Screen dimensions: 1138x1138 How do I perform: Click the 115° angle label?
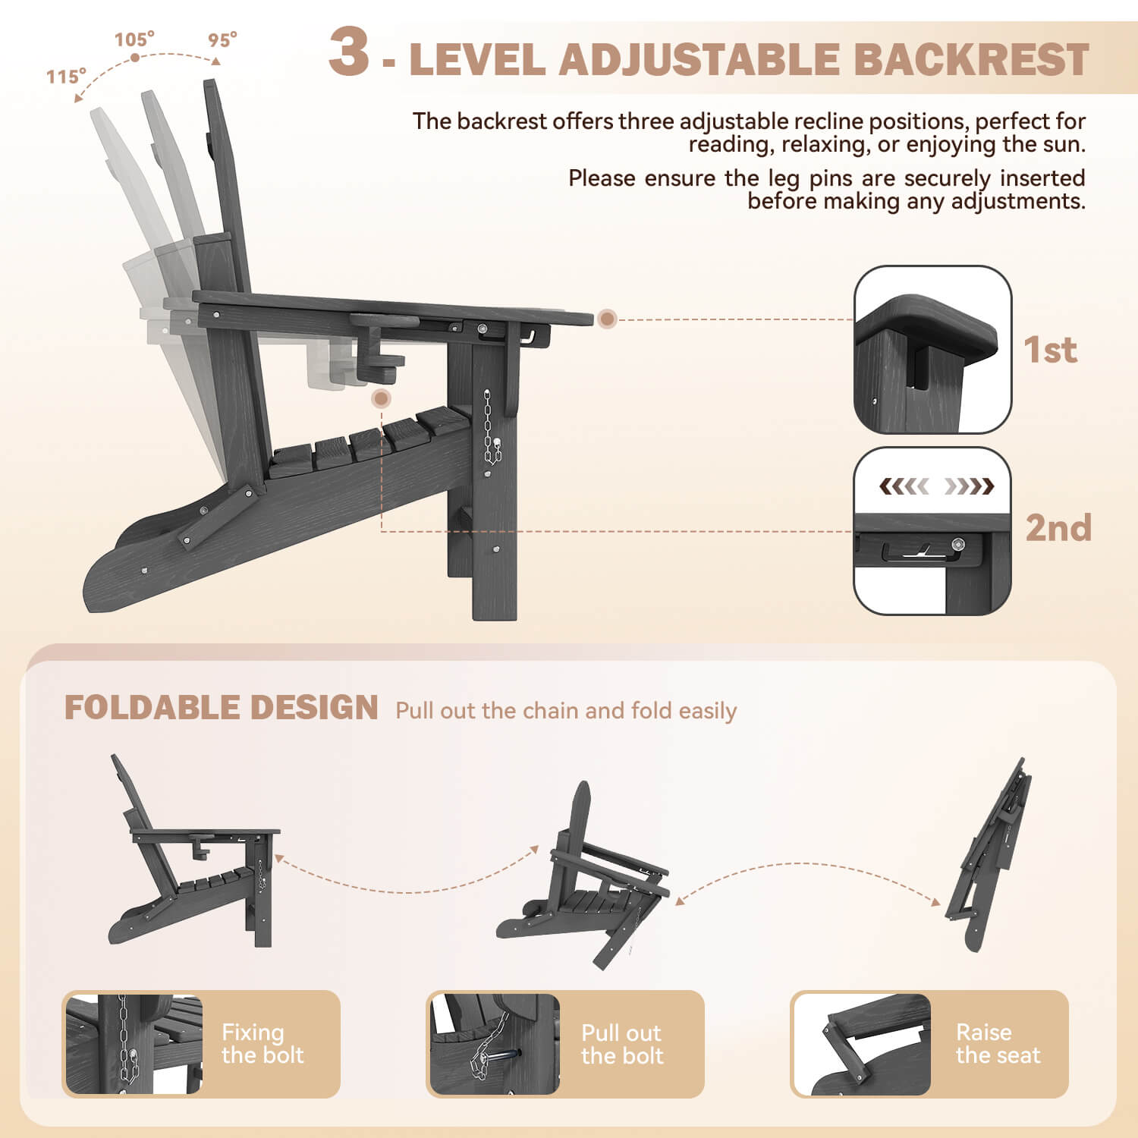[66, 77]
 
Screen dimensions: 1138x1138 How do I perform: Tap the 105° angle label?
[134, 39]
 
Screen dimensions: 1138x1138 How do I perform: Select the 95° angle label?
[222, 39]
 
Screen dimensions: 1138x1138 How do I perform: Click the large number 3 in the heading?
[349, 52]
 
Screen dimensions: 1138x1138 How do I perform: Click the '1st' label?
[1050, 350]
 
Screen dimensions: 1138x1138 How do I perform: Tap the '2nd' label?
[1058, 528]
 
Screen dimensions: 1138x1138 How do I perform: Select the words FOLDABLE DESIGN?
[221, 708]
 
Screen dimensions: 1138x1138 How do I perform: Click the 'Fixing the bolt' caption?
[262, 1044]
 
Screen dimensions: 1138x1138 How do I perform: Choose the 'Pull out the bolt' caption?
[622, 1044]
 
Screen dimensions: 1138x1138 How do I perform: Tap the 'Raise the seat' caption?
[998, 1044]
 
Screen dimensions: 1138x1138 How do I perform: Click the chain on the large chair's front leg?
[491, 429]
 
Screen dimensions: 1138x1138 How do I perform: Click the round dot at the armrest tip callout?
[606, 319]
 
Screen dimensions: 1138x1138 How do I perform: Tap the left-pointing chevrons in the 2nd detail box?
[903, 486]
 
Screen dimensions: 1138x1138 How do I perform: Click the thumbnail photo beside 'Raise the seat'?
[862, 1044]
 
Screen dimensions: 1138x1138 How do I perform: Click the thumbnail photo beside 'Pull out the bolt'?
[495, 1044]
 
